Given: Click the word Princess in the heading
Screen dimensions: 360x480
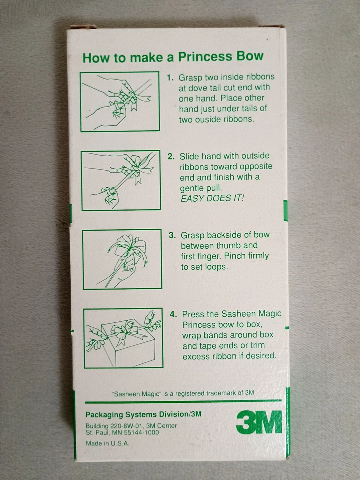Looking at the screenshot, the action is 205,57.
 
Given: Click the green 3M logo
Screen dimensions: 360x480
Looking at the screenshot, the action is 259,422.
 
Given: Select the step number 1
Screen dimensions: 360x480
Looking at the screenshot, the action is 170,78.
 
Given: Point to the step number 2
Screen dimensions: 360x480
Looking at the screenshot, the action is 171,156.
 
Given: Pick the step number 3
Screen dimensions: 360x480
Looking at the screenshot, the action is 172,235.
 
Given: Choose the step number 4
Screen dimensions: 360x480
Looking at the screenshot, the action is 173,314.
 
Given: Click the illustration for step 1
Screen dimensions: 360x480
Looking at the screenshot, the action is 120,102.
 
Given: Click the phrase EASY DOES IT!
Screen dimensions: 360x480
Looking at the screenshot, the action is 212,198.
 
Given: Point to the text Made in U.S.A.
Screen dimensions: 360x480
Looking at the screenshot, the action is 108,443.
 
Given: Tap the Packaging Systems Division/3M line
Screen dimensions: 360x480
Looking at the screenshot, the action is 143,415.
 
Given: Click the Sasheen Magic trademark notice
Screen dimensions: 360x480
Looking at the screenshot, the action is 183,393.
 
